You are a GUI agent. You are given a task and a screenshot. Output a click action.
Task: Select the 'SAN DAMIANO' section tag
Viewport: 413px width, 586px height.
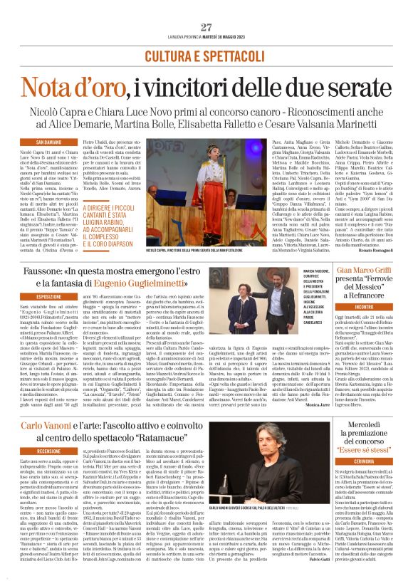(44, 142)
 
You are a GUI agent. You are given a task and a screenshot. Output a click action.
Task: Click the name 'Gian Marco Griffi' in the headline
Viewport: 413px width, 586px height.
(365, 271)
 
